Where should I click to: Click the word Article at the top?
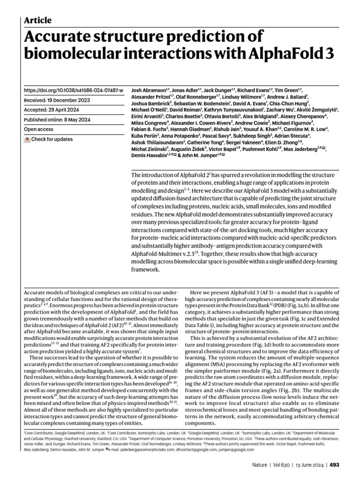[37, 20]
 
